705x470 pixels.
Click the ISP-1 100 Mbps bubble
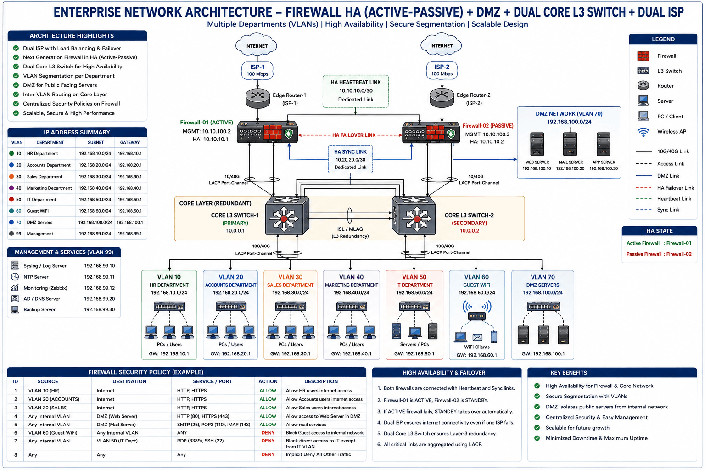coord(257,70)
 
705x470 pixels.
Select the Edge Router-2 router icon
coord(442,98)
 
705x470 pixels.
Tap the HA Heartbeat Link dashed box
coord(356,91)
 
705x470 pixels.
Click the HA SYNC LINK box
coord(350,159)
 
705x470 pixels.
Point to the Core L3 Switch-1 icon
coord(287,216)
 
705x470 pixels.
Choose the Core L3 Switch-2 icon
coord(414,216)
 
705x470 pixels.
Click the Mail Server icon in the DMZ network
coord(570,144)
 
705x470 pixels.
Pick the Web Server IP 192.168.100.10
coord(537,169)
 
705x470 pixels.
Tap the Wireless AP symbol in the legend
coord(643,132)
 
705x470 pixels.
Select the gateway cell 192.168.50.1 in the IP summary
coord(130,200)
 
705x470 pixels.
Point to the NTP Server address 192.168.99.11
coord(100,277)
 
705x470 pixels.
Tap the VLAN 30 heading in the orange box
coord(290,277)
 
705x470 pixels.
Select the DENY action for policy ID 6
coord(268,433)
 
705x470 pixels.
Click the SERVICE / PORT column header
coord(213,381)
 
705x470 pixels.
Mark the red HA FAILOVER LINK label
coord(354,135)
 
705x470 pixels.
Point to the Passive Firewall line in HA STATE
coord(659,254)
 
